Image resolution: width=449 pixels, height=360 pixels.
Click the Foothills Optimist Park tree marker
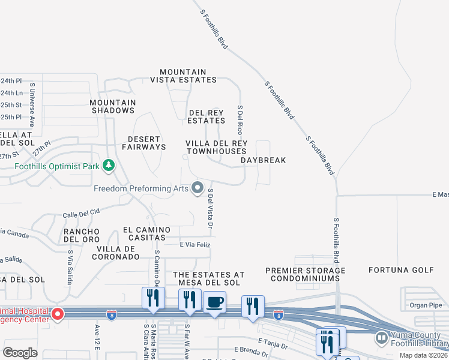108,164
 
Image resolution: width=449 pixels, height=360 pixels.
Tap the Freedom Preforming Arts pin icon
197,188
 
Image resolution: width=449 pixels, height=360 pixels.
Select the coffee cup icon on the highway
214,302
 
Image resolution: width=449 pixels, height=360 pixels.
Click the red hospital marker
58,314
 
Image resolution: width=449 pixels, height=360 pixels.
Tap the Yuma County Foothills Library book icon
381,339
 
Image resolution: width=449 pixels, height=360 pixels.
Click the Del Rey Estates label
206,116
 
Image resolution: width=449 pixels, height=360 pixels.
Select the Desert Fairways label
143,143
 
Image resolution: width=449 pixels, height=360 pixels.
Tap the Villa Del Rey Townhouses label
216,147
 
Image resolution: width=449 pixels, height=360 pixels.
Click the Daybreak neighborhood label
263,160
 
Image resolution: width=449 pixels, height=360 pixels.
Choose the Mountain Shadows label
112,106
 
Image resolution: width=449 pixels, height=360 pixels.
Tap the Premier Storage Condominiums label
306,274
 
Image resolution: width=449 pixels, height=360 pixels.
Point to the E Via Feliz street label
195,245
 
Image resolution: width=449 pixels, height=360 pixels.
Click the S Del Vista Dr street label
211,208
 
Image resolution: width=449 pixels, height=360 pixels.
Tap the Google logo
20,353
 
